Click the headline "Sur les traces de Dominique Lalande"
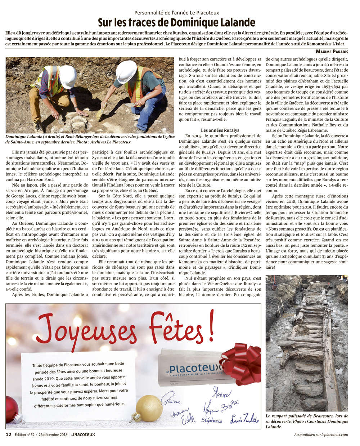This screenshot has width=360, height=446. pos(176,23)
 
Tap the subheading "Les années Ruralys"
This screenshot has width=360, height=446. pos(220,130)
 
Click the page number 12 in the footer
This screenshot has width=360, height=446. pos(9,434)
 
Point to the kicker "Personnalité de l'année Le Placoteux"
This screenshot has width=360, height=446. pos(176,13)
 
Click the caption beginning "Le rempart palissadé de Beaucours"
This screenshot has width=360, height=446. pos(307,421)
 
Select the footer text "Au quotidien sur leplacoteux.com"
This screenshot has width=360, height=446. pos(321,434)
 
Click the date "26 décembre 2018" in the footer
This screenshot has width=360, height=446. pos(53,434)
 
